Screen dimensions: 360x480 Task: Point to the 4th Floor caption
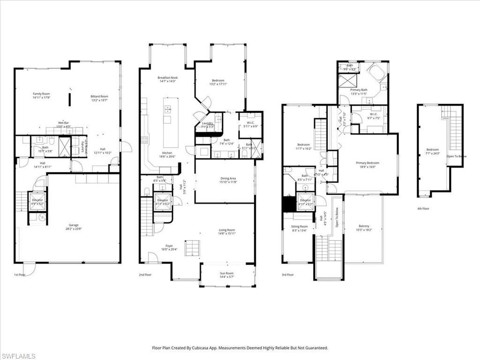pyautogui.click(x=423, y=209)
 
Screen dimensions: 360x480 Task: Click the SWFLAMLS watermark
pyautogui.click(x=18, y=356)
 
